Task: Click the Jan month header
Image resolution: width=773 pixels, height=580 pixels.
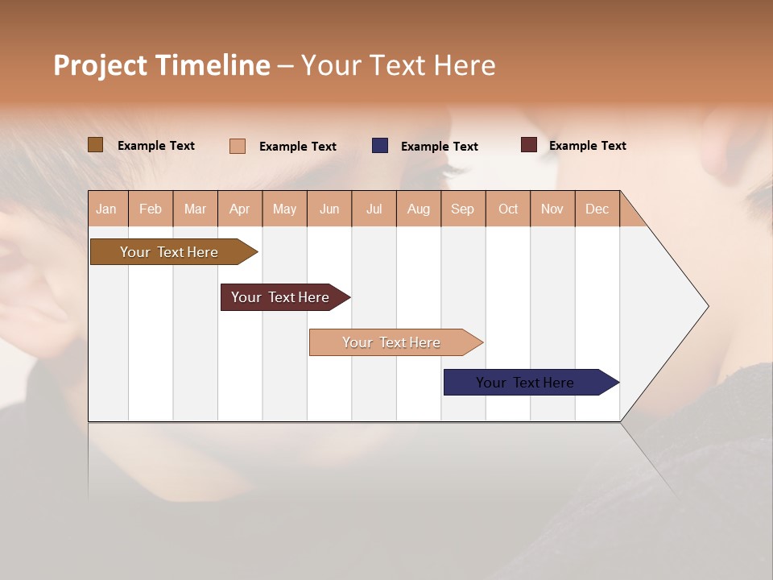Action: point(107,209)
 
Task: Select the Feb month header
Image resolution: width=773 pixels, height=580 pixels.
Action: point(151,209)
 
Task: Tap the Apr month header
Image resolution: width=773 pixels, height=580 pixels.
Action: point(240,209)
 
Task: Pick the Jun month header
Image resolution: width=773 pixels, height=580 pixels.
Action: point(329,209)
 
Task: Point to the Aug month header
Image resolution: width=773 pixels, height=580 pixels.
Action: point(419,209)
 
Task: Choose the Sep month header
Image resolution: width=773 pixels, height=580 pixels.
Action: point(463,209)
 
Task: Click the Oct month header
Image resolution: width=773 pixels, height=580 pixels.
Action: point(508,209)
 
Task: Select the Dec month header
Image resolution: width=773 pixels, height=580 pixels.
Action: point(597,209)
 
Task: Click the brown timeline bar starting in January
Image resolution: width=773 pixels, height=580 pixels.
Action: point(169,252)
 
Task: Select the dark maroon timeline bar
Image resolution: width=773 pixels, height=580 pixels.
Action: point(280,297)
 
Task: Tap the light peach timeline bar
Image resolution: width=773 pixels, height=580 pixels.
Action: point(391,342)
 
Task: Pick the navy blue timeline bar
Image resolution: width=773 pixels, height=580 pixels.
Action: point(525,383)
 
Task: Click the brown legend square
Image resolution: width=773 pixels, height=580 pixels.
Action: point(95,145)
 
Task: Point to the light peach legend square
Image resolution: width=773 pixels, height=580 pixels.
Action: point(238,146)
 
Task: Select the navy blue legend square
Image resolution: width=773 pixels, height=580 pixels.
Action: point(380,146)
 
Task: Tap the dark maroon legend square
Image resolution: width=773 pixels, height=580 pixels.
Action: point(529,145)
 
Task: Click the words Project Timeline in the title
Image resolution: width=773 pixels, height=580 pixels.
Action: point(162,65)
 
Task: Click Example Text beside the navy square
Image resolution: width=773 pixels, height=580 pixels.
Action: point(440,147)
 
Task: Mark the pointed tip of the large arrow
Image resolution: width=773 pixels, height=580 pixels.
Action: point(707,306)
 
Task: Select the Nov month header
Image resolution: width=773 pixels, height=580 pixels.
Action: point(552,209)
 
